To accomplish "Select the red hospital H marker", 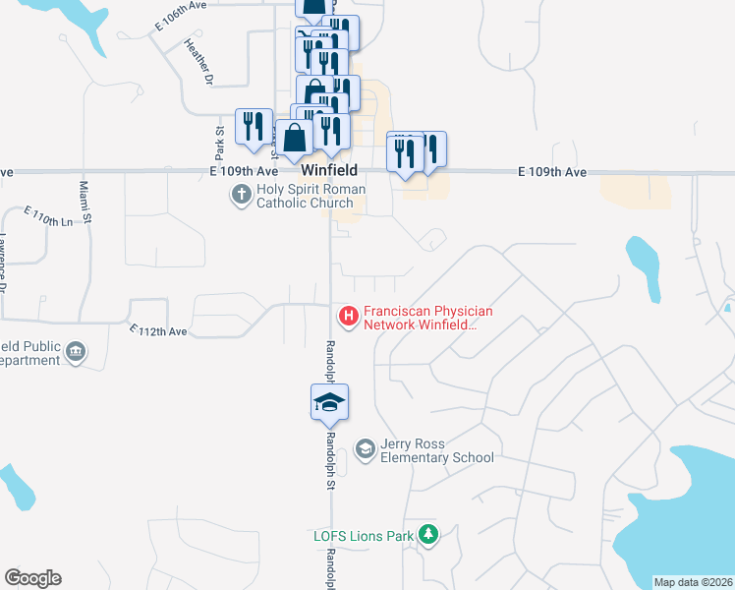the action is (x=348, y=316).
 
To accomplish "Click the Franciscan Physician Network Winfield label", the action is (x=427, y=318).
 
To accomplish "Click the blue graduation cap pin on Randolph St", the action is (x=329, y=402).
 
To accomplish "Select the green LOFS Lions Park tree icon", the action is (x=427, y=535).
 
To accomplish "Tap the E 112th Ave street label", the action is (x=158, y=331).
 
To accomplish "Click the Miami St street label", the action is (x=85, y=202).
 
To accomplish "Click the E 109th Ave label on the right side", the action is (x=552, y=172).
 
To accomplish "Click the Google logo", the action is (x=32, y=578).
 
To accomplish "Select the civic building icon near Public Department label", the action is (x=76, y=351).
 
